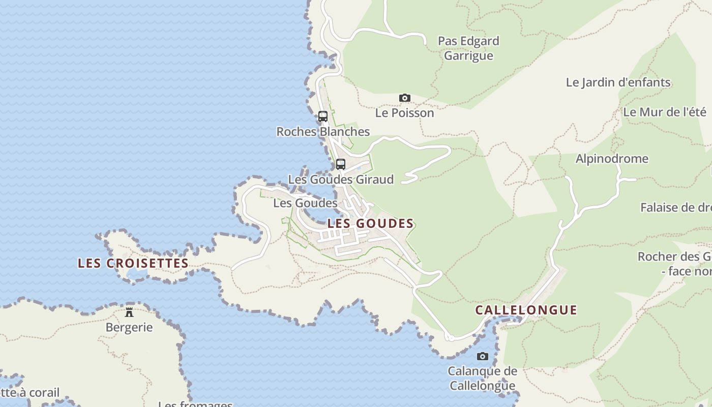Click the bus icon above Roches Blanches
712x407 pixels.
tap(323, 116)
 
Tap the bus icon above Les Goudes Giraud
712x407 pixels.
tap(341, 164)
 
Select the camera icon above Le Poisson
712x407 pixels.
tap(405, 98)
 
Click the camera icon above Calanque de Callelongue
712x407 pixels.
tap(483, 356)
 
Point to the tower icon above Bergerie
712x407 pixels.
tap(129, 312)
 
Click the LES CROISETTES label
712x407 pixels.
tap(133, 264)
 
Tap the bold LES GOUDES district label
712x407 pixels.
tap(370, 223)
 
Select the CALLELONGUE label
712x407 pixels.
tap(526, 310)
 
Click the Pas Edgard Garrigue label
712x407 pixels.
tap(468, 48)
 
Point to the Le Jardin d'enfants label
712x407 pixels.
tap(618, 82)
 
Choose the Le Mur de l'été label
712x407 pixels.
tap(665, 112)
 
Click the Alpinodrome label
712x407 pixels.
tap(612, 159)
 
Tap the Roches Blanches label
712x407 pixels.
tap(323, 132)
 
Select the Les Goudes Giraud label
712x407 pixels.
tap(341, 180)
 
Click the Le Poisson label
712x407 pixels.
tap(405, 113)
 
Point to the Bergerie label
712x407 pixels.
tap(129, 327)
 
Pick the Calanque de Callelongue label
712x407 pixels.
tap(482, 379)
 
